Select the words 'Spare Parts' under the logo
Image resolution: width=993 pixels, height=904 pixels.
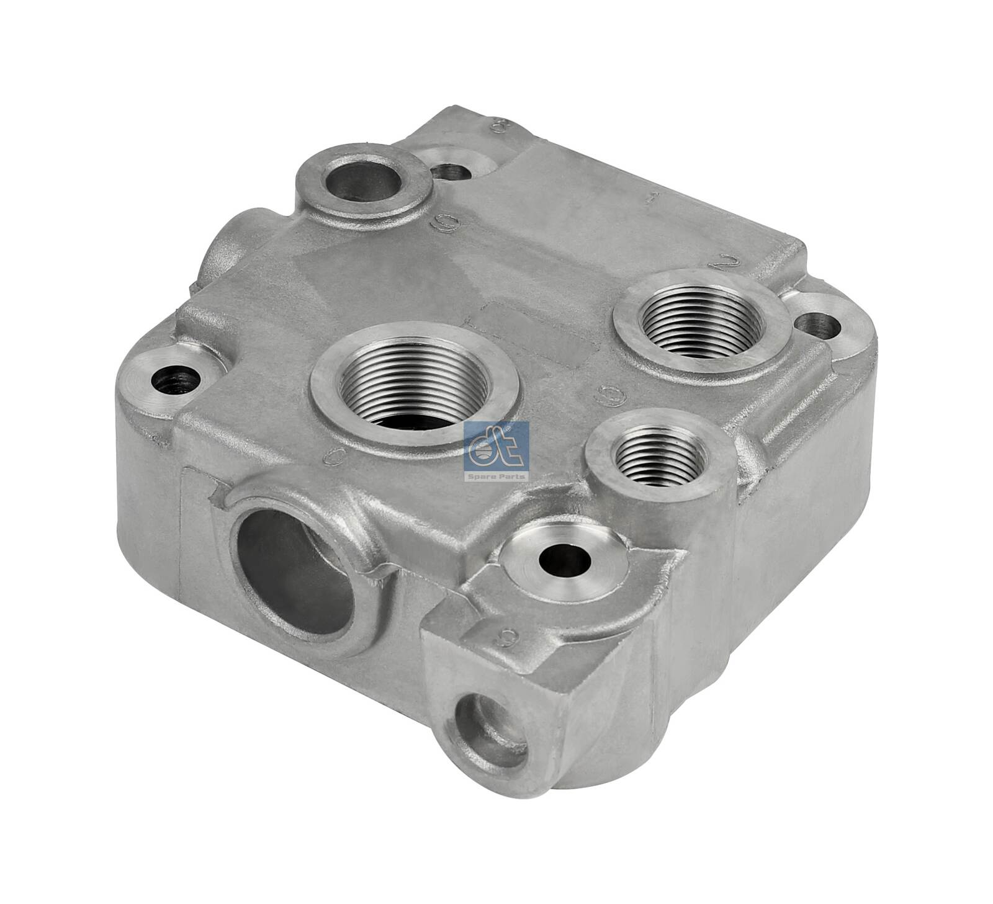(496, 477)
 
